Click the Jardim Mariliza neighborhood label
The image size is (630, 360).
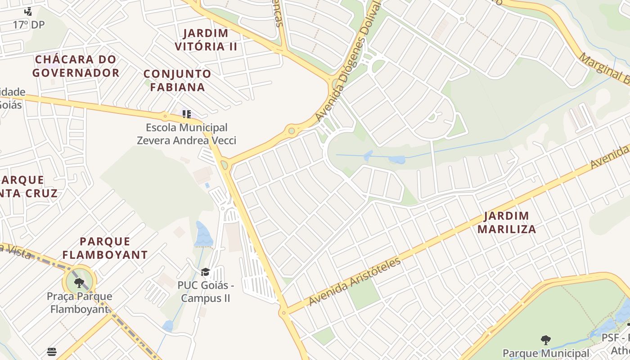click(507, 222)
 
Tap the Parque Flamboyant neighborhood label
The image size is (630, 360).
click(105, 248)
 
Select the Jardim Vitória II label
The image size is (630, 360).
click(206, 40)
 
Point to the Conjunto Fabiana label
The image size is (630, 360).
click(177, 80)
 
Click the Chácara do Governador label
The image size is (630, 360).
click(76, 66)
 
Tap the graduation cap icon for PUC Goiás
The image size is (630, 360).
click(205, 272)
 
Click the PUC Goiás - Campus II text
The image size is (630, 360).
click(206, 292)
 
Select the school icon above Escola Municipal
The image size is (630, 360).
click(186, 114)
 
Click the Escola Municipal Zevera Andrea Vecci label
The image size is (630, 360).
click(186, 134)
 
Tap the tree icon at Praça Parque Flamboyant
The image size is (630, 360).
click(79, 283)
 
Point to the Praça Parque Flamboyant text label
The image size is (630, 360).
click(80, 303)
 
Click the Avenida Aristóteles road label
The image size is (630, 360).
click(355, 281)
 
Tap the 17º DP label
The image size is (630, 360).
click(29, 25)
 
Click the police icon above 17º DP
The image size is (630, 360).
click(28, 12)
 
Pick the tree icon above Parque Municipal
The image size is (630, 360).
click(545, 340)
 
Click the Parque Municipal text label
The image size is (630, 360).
click(545, 353)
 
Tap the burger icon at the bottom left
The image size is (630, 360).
click(52, 351)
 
